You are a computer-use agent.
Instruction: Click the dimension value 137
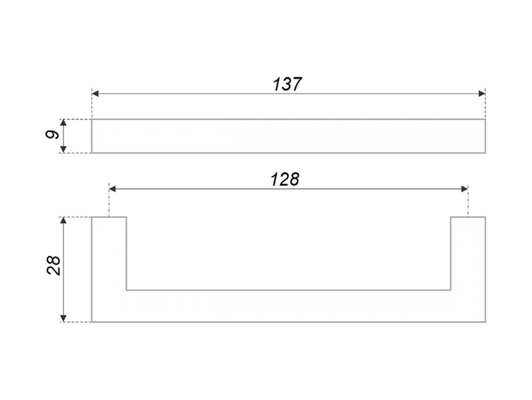[287, 84]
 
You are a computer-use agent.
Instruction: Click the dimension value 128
[285, 179]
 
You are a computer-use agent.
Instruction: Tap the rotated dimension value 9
[52, 135]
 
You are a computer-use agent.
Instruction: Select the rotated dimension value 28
[53, 265]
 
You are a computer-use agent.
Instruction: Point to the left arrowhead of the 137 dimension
[95, 93]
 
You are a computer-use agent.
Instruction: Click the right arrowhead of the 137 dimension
[482, 93]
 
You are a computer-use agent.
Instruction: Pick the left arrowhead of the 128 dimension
[112, 189]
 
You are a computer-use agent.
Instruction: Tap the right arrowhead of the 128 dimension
[465, 189]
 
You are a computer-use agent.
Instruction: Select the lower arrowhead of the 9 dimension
[63, 149]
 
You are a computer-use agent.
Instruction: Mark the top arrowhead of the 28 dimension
[63, 220]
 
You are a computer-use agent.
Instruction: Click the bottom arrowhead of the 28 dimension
[63, 318]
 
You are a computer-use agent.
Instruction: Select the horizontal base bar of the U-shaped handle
[289, 306]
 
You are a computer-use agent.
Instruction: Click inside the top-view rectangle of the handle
[289, 136]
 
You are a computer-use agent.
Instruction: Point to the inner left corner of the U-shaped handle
[127, 290]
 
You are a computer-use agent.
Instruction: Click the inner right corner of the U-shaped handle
[451, 290]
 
